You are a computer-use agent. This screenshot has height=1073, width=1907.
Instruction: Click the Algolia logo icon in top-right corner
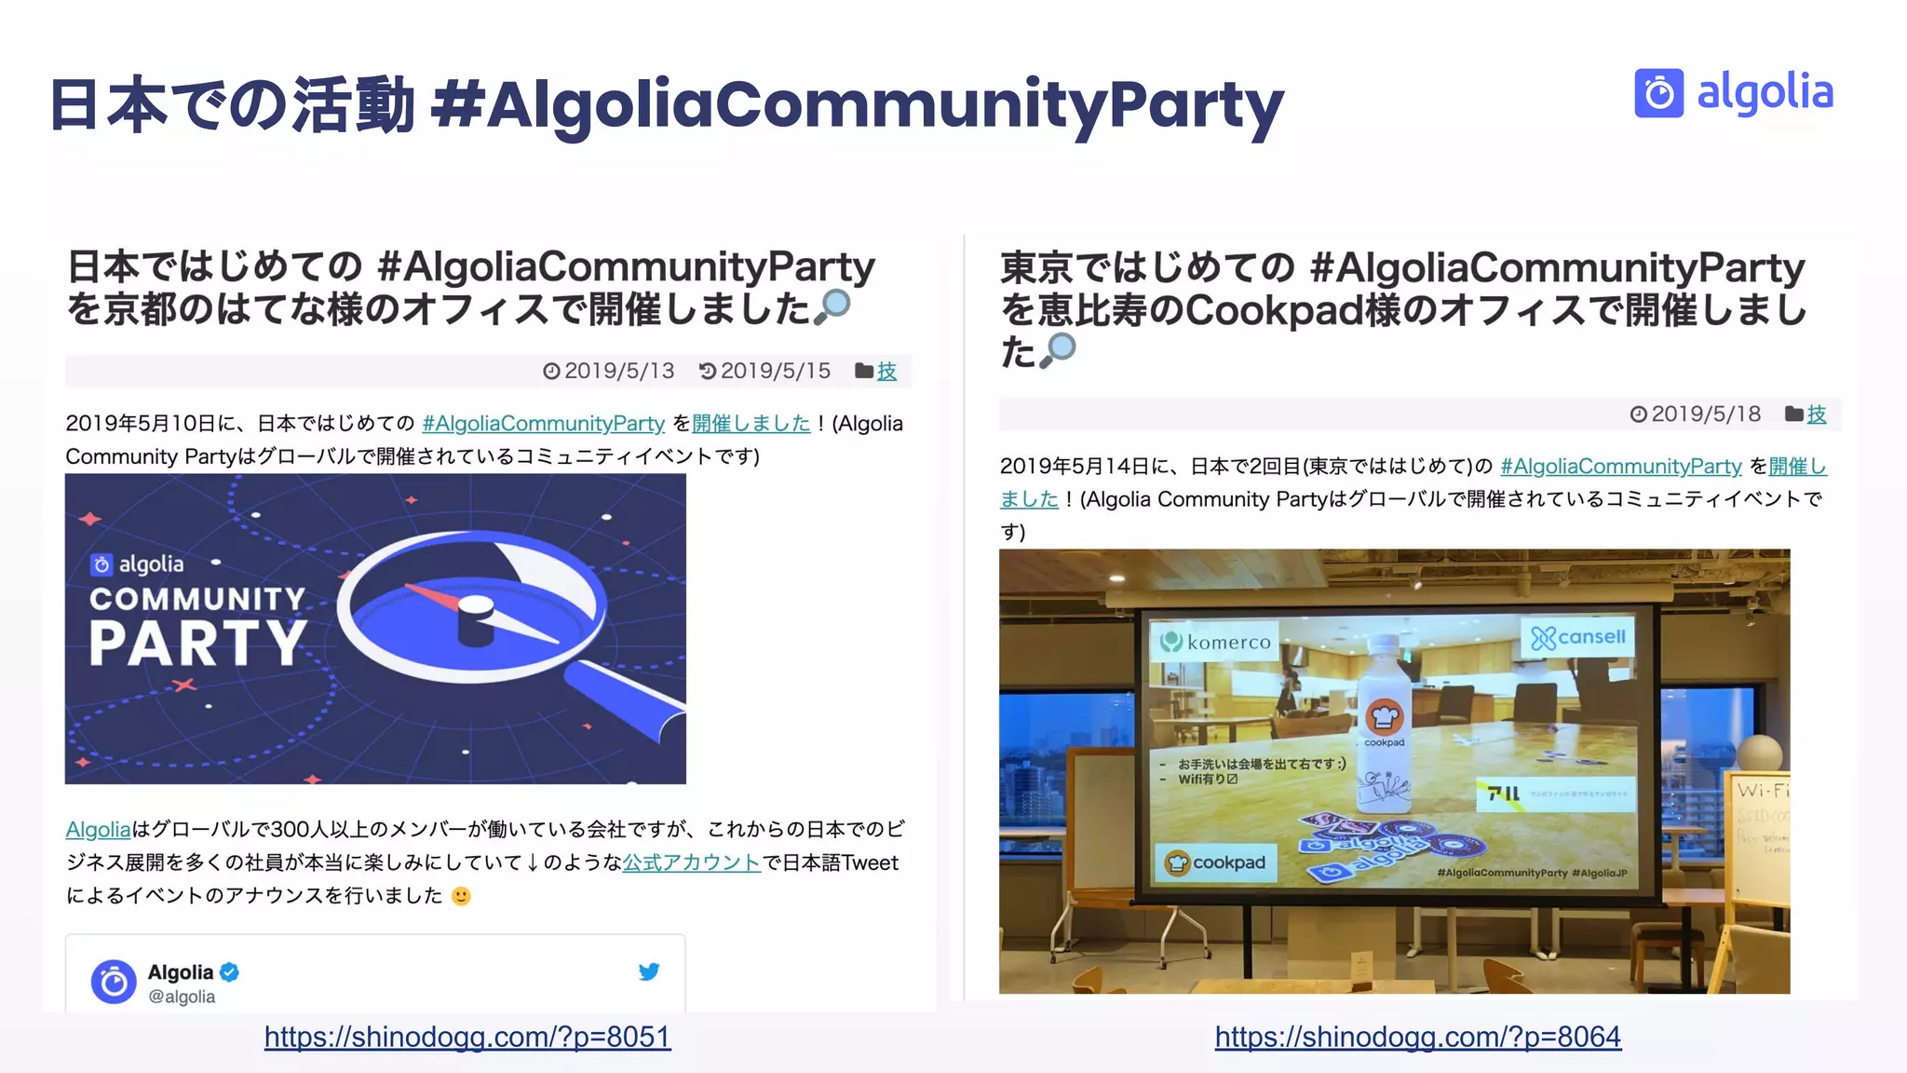[x=1658, y=93]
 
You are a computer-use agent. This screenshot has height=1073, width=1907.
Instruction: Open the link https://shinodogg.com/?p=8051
[x=467, y=1037]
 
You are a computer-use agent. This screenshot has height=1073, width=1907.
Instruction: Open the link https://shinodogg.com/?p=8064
[x=1417, y=1037]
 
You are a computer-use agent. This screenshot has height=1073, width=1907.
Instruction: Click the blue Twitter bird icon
[x=649, y=971]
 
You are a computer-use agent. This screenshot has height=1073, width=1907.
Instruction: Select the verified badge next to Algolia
[x=230, y=971]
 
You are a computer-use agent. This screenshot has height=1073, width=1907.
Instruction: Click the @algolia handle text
[x=182, y=997]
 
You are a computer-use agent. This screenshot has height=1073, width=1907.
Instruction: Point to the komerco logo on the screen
[x=1216, y=642]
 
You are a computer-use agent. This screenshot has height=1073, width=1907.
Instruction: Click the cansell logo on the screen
[x=1578, y=637]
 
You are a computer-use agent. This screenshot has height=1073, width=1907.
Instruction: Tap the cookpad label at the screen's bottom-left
[x=1216, y=862]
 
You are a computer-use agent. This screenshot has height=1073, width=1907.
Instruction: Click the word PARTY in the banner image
[x=197, y=643]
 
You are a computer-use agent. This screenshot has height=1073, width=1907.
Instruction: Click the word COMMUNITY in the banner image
[x=197, y=598]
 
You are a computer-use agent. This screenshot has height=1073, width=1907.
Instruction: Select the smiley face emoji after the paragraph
[x=461, y=896]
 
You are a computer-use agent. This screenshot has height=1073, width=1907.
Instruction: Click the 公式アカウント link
[x=692, y=862]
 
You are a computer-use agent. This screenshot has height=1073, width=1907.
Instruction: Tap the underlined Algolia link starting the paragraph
[x=98, y=829]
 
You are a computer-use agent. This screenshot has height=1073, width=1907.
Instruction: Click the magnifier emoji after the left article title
[x=832, y=306]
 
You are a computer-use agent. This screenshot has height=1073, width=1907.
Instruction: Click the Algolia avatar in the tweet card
[x=114, y=982]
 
